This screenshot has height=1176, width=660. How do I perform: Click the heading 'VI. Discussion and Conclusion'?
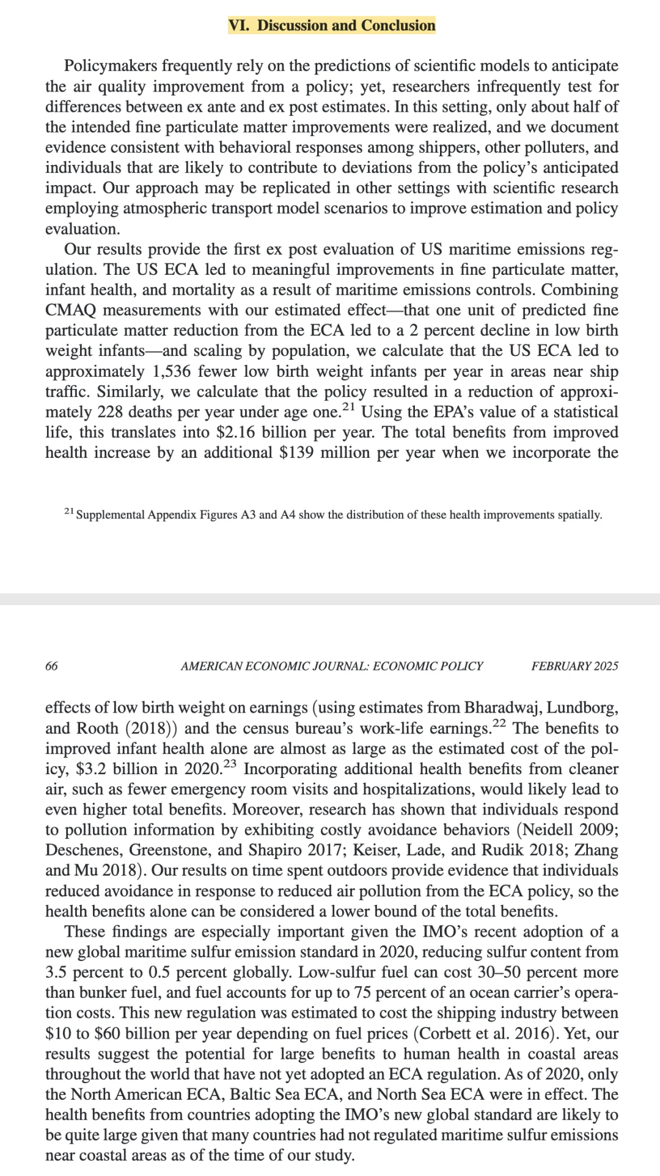(331, 26)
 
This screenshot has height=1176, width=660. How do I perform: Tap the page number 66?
(52, 666)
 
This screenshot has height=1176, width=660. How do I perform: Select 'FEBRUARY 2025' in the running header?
(574, 666)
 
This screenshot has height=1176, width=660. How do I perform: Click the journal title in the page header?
(332, 666)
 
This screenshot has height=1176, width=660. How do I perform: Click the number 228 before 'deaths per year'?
(110, 412)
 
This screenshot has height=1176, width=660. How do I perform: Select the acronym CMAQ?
(71, 310)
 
